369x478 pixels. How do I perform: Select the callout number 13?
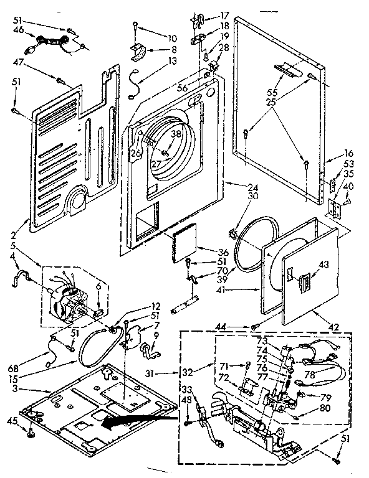click(x=155, y=60)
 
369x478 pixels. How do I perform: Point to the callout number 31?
click(x=166, y=373)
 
